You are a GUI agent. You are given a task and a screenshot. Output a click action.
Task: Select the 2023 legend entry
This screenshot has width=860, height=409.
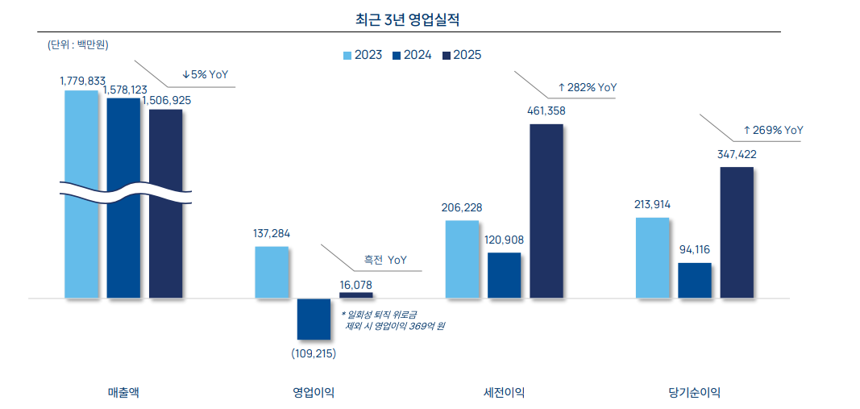(363, 55)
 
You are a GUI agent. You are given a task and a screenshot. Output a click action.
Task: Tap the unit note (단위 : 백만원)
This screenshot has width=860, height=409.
(78, 45)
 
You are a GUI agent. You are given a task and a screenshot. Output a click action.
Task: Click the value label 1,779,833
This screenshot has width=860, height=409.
(82, 81)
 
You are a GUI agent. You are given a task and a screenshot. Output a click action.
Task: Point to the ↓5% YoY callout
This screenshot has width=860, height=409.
(205, 74)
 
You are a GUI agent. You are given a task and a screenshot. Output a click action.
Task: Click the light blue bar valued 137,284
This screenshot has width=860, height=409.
(272, 272)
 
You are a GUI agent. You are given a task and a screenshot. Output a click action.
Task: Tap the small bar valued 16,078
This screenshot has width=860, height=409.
(355, 294)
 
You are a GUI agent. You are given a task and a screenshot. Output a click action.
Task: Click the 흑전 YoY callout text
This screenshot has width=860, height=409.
(385, 260)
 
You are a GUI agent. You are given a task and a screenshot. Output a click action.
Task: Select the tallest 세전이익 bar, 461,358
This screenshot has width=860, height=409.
(546, 211)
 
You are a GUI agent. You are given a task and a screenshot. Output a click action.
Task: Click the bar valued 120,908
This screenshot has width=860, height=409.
(504, 275)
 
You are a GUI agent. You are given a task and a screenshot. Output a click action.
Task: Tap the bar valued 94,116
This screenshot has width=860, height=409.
(694, 280)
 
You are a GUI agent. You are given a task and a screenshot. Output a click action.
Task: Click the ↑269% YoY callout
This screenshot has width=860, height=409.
(773, 130)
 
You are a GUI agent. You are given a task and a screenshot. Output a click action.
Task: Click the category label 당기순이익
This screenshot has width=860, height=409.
(694, 393)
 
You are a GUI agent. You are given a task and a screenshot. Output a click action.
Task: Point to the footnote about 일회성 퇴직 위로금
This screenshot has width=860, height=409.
(393, 320)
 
